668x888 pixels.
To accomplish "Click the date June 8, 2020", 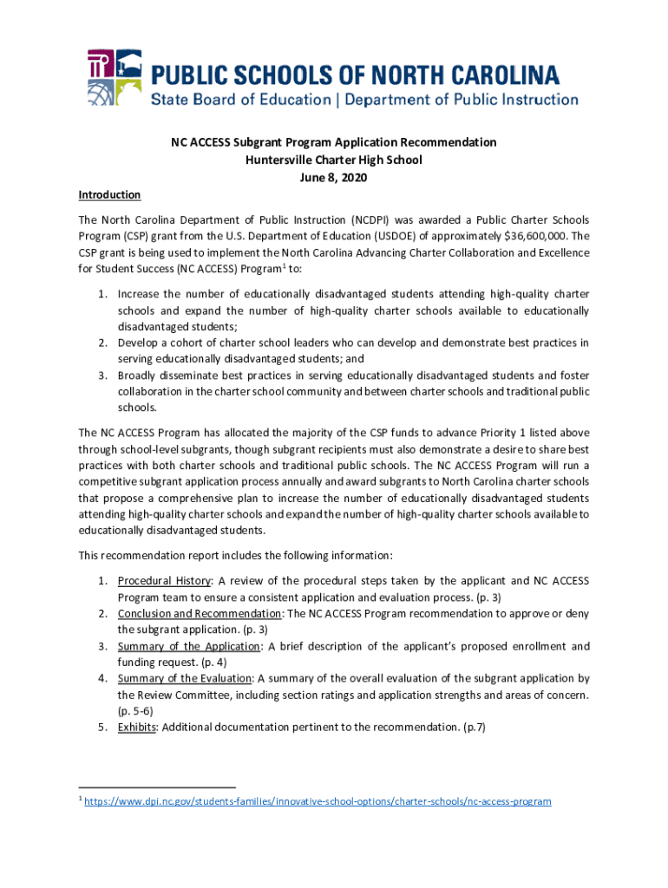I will (x=333, y=178).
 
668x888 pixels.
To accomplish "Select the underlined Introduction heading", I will (x=109, y=194).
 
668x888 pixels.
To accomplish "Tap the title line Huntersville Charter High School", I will (x=333, y=160).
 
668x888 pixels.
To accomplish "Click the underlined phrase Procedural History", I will (x=164, y=580).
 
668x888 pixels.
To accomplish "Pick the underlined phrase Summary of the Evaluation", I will (x=185, y=678).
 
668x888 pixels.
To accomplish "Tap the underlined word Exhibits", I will (x=137, y=728).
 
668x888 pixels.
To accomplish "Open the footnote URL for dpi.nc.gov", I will (x=318, y=801).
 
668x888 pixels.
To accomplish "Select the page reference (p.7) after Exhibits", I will (x=475, y=728).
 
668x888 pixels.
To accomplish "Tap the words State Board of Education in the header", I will (x=241, y=100).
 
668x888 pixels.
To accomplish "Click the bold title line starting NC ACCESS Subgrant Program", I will (x=333, y=141).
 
